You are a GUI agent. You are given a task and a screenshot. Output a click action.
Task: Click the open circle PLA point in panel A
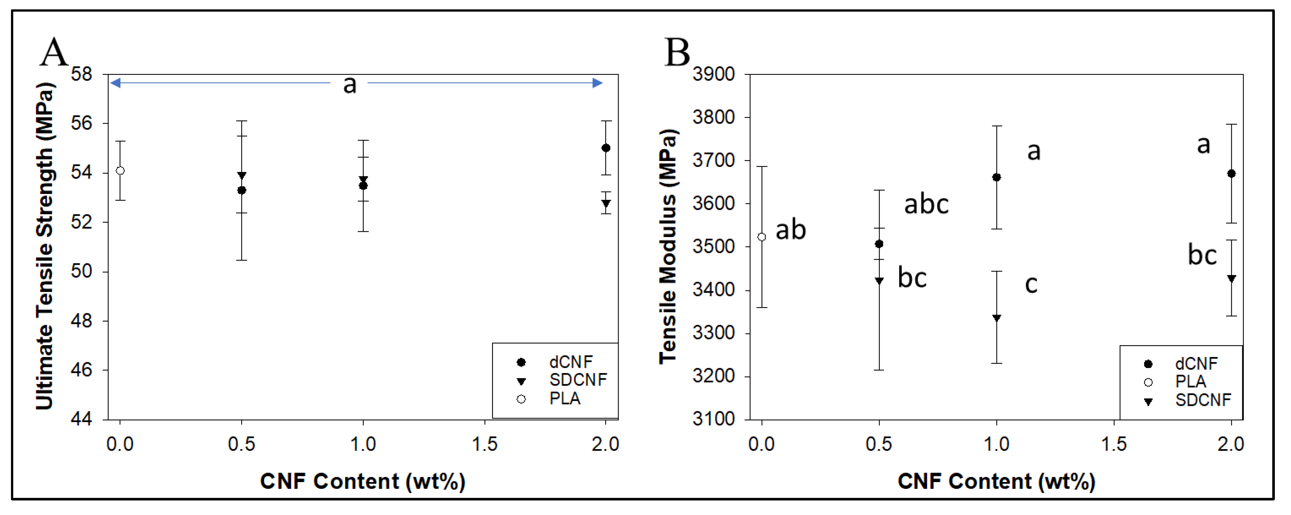point(120,171)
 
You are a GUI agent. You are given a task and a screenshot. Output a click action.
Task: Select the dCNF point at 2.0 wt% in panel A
point(606,148)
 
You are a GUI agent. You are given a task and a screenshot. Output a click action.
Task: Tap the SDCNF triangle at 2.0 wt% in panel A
point(606,203)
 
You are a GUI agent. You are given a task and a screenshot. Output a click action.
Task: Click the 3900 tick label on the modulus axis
point(714,74)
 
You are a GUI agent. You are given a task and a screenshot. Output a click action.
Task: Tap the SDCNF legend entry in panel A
point(577,380)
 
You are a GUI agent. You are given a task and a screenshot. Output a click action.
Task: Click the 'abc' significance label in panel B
point(926,204)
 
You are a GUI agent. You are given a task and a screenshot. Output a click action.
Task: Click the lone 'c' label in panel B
point(1031,284)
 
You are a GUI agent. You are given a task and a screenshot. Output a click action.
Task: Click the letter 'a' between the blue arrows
point(349,84)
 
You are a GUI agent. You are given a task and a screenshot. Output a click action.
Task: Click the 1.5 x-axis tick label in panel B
point(1114,444)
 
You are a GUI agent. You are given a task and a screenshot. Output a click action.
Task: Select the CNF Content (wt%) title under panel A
point(362,481)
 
